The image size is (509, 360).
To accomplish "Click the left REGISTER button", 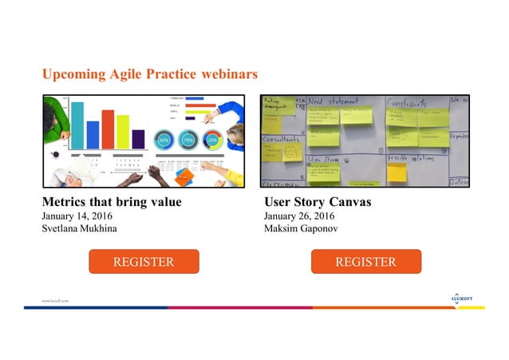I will (143, 262).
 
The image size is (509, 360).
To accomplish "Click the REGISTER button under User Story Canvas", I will (365, 262).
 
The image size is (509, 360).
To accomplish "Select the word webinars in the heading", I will (230, 74).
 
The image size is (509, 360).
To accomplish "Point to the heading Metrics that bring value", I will (112, 202).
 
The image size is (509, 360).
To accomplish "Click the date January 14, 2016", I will (77, 216).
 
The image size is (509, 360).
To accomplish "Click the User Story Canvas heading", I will (317, 202).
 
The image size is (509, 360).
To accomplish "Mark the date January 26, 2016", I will (299, 216).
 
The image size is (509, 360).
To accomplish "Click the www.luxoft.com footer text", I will (55, 300).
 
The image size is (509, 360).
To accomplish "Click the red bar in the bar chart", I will (108, 129).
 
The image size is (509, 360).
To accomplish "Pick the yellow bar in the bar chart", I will (123, 131).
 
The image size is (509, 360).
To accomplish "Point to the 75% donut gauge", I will (188, 139).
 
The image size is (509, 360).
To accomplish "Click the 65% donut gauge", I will (164, 139).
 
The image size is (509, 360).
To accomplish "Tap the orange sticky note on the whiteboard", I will (396, 172).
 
